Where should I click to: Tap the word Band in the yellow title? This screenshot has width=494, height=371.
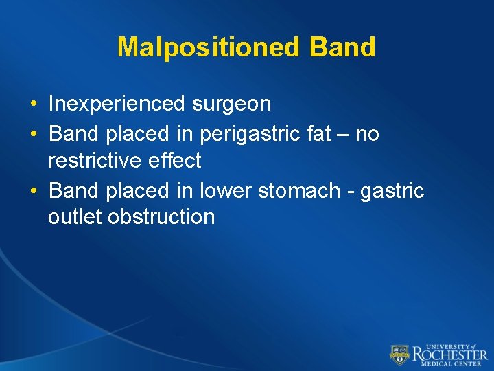(342, 47)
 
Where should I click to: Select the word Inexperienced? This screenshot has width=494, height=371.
(115, 104)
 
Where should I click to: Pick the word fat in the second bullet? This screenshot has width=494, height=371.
(319, 133)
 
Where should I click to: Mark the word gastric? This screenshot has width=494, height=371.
(394, 190)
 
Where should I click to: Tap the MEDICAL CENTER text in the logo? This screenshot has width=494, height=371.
(450, 364)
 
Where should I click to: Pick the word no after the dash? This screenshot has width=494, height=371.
(367, 133)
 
